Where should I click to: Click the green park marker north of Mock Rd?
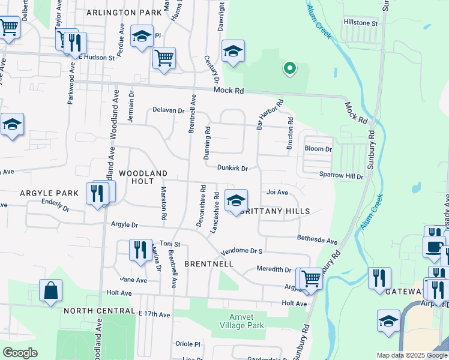tap(289, 68)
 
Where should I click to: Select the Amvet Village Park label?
tap(246, 321)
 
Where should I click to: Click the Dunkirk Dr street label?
tap(233, 169)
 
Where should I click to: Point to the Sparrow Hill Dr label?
tap(342, 176)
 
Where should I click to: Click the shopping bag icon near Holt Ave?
tap(51, 291)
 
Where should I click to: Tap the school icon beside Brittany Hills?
tap(236, 200)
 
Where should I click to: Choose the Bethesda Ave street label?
tap(318, 239)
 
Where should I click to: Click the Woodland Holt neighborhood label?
tap(143, 177)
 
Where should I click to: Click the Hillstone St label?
tap(360, 23)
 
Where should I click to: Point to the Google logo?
tap(20, 353)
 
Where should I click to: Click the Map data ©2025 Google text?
tap(411, 355)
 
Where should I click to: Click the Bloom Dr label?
tap(318, 149)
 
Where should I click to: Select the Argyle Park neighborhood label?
tap(49, 193)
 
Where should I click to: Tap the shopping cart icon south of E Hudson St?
tap(164, 58)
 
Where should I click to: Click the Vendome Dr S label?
tap(243, 251)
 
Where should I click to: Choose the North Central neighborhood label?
tap(99, 311)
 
